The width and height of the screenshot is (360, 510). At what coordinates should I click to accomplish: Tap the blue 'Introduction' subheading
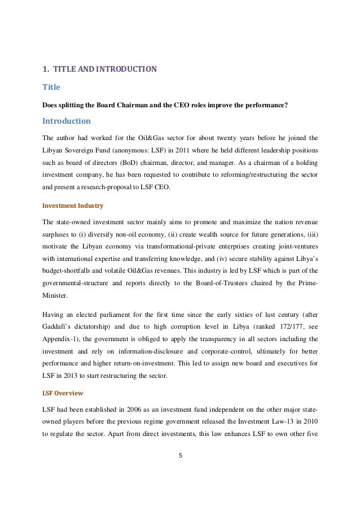[x=67, y=121]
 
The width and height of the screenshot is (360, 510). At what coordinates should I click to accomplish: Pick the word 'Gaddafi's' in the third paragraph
[x=58, y=327]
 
